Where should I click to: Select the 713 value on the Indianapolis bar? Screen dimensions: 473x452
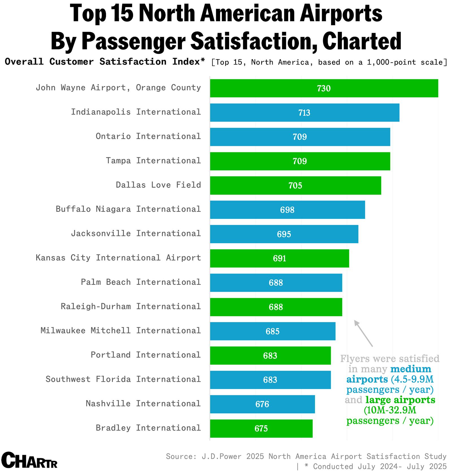point(304,113)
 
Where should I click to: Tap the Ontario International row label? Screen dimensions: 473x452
point(148,136)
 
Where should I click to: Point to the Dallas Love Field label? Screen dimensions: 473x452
point(158,185)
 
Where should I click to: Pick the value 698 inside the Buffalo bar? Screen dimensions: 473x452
point(287,210)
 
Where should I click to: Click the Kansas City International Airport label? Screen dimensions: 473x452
point(118,258)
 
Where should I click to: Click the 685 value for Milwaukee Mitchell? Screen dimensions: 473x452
point(272,331)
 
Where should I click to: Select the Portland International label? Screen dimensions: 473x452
point(145,355)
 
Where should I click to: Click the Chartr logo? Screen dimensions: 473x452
point(29,460)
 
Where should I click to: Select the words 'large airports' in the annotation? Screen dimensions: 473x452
point(400,400)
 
